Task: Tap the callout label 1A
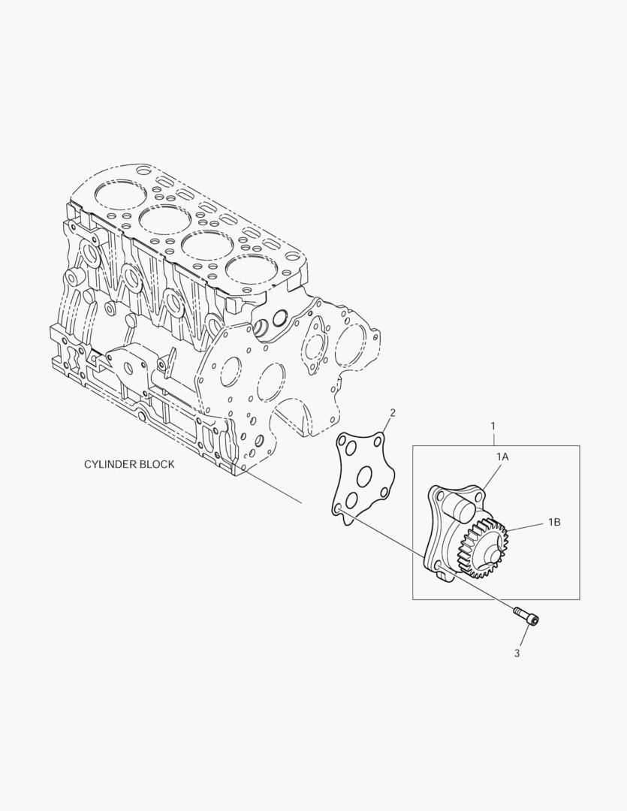502,457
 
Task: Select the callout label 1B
554,523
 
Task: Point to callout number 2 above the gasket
393,413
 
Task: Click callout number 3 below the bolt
517,653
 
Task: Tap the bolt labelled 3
526,616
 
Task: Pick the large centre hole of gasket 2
365,476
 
